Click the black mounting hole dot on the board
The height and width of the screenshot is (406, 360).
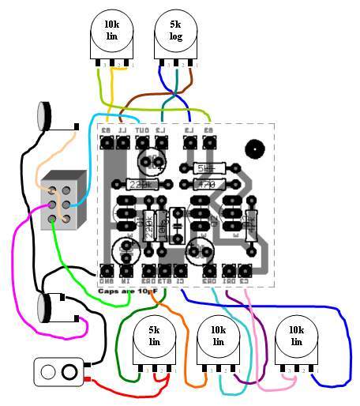tap(255, 148)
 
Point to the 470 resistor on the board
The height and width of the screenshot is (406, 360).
tap(206, 184)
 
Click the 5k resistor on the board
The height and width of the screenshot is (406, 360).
tap(206, 167)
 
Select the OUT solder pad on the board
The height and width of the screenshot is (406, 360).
tap(143, 143)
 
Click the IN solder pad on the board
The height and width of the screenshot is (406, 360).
tap(126, 271)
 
